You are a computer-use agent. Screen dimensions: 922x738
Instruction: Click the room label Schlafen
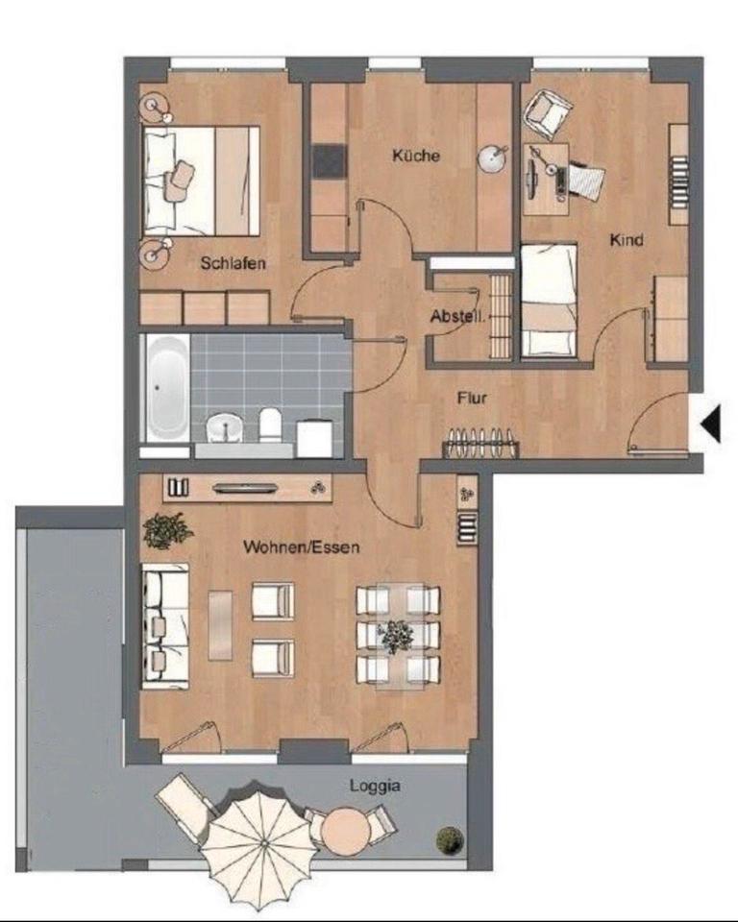[233, 262]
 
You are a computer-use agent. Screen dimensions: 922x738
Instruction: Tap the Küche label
[416, 155]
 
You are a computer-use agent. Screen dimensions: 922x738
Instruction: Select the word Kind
[626, 239]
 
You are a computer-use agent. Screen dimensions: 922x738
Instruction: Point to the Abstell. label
[457, 316]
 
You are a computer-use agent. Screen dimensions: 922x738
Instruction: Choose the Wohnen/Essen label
[301, 547]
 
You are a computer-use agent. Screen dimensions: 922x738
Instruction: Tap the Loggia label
[375, 785]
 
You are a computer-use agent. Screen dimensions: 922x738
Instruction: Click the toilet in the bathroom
[270, 424]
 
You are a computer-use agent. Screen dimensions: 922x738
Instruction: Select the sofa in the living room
[164, 625]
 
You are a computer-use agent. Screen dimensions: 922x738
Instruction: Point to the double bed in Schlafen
[200, 180]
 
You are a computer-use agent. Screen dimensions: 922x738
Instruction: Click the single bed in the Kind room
[549, 301]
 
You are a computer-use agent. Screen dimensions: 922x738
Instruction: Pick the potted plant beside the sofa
[166, 530]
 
